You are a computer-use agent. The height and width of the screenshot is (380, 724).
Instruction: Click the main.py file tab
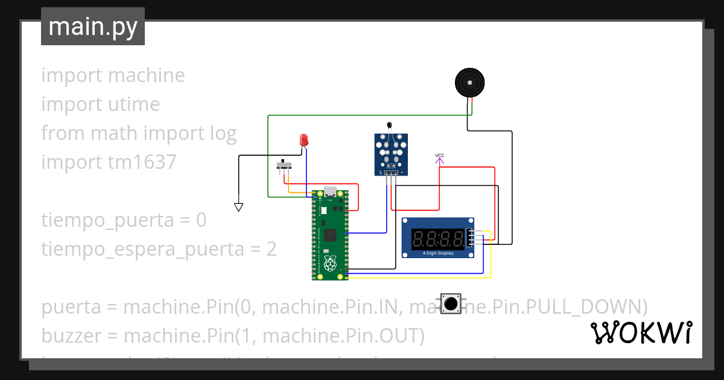coord(93,27)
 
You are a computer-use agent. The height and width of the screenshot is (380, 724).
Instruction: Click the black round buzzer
coord(469,82)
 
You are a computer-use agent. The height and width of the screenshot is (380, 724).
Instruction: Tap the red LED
coord(305,140)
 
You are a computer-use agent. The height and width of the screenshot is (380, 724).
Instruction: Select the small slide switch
coord(284,165)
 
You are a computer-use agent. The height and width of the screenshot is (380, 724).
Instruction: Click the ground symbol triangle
coord(238,207)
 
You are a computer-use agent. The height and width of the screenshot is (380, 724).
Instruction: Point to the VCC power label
coord(439,156)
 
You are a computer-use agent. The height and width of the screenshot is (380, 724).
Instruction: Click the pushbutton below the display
coord(449,303)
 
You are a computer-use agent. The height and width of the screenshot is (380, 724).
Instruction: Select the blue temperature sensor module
coord(390,154)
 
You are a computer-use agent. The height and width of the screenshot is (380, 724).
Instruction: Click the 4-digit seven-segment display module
coord(438,238)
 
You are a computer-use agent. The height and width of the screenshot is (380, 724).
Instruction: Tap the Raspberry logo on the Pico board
coord(329,264)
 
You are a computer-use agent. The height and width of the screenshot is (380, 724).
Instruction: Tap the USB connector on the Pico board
coord(330,192)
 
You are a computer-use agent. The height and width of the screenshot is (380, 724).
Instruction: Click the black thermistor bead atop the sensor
coord(390,125)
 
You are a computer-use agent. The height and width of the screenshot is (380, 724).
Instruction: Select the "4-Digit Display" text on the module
coord(438,253)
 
